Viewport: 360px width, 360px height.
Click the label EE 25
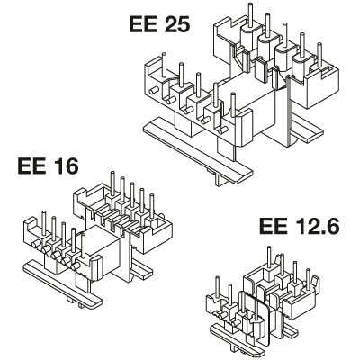click(x=159, y=24)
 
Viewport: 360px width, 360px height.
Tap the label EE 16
click(x=49, y=166)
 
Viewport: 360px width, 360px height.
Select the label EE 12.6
click(x=300, y=226)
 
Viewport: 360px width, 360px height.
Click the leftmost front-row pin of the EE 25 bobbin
click(x=164, y=63)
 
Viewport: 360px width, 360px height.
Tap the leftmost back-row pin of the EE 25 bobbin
click(x=250, y=14)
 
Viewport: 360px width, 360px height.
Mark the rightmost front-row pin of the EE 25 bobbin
click(x=233, y=105)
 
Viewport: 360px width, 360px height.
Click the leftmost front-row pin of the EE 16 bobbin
click(x=44, y=222)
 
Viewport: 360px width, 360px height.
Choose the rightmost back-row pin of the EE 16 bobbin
click(x=152, y=205)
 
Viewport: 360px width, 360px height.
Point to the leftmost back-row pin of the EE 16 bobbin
click(x=112, y=183)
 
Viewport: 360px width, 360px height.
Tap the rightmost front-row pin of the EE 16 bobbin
click(x=83, y=246)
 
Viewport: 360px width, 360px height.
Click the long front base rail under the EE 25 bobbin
click(x=198, y=150)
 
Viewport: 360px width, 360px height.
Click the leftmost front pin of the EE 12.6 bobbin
click(x=218, y=286)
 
